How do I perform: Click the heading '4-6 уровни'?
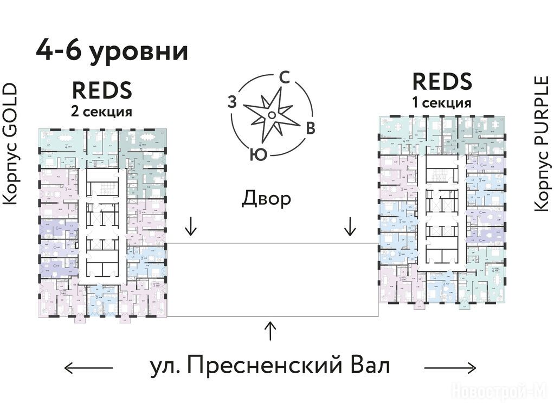coord(112,51)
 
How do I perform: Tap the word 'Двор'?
coord(266,199)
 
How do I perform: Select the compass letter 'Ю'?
coord(258,155)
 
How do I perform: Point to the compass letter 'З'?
coord(232,102)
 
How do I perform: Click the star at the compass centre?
coord(270,114)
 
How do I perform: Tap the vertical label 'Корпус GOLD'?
coord(11,144)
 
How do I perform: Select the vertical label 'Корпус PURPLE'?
coord(540,144)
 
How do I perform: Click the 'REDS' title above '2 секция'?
coord(102,90)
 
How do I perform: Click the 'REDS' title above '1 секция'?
coord(442,81)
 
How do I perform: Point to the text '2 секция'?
coord(102,112)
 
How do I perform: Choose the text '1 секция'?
coord(442,103)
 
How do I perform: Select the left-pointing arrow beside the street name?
coord(88,368)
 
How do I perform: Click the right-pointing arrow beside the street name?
coord(450,368)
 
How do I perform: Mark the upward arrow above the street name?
coord(270,330)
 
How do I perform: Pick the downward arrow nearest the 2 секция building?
coord(190,226)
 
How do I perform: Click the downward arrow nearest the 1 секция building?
coord(350,226)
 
